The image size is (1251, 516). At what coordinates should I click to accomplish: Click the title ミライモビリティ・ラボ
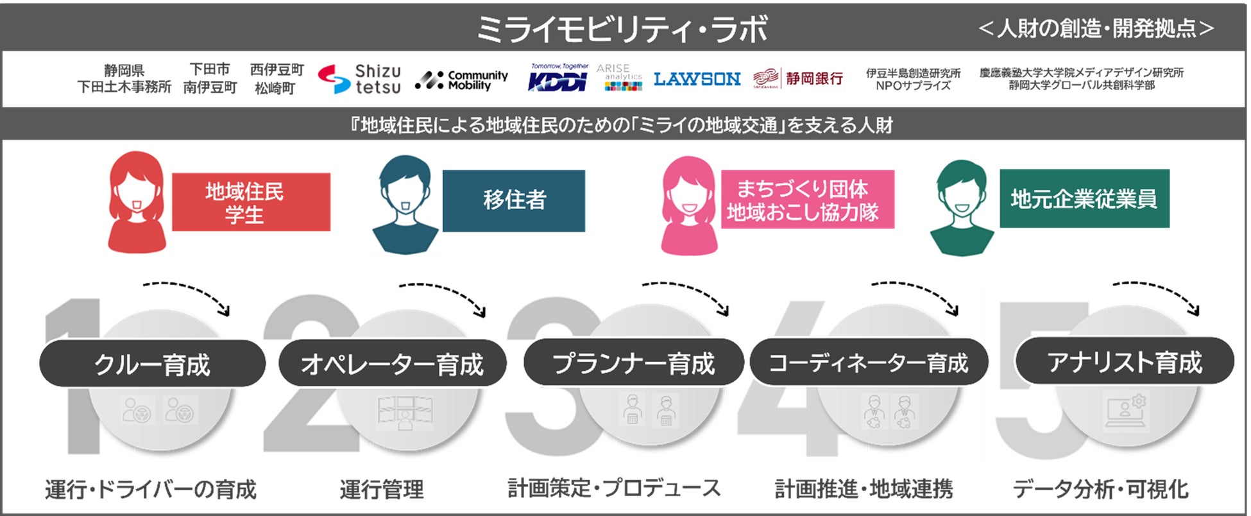(x=621, y=29)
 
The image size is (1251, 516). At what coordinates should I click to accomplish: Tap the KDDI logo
(x=557, y=80)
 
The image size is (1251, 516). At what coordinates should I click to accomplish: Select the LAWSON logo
(x=697, y=79)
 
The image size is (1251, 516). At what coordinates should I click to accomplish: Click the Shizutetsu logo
(x=360, y=80)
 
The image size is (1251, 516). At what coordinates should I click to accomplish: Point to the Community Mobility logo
(x=462, y=80)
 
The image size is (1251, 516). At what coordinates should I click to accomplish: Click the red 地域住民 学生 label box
(x=251, y=202)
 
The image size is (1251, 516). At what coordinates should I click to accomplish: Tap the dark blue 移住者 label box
(x=514, y=200)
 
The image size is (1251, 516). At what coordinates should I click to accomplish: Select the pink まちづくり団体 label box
(x=807, y=199)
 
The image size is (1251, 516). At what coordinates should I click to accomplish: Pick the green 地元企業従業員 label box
(x=1084, y=198)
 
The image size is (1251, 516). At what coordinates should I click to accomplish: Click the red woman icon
(x=136, y=203)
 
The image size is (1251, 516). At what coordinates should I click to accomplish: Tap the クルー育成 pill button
(x=153, y=364)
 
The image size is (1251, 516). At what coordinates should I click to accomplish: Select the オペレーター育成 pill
(x=392, y=364)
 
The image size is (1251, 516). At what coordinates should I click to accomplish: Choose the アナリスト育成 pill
(x=1124, y=362)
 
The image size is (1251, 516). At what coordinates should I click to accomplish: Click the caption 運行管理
(x=382, y=490)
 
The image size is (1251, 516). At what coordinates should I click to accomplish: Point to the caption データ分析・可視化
(x=1100, y=489)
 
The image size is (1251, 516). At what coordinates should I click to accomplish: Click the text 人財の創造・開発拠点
(x=1096, y=28)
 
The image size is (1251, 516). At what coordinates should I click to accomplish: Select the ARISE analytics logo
(x=619, y=78)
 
